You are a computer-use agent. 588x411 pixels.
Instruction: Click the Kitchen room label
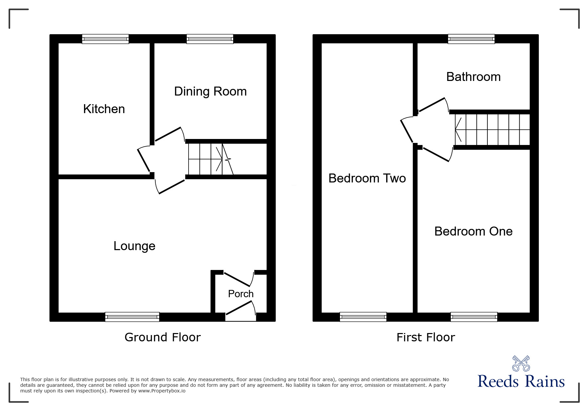click(104, 109)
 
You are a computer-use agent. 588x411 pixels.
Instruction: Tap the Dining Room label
click(210, 92)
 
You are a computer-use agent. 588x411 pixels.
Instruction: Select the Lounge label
click(134, 246)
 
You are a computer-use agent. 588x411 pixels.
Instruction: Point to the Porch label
click(241, 294)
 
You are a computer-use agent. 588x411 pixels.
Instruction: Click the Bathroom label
click(473, 77)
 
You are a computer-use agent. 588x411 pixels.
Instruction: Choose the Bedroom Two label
click(367, 178)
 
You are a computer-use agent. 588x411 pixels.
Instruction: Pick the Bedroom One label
click(473, 232)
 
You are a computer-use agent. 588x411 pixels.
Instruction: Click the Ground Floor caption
click(162, 337)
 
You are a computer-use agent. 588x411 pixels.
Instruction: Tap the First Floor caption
click(425, 337)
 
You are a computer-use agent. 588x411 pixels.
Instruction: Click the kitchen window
click(105, 39)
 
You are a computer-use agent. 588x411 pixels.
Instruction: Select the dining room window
click(210, 39)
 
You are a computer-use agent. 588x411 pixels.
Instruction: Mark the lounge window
click(132, 317)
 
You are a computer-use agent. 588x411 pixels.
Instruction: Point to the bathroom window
click(471, 39)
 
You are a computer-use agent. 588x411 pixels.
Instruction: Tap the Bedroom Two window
click(363, 317)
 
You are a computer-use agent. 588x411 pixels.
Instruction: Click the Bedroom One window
click(474, 317)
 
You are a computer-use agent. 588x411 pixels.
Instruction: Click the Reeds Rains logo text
click(521, 381)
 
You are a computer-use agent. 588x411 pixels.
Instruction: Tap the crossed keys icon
click(521, 363)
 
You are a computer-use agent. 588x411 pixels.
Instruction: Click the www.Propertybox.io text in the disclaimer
click(162, 391)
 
